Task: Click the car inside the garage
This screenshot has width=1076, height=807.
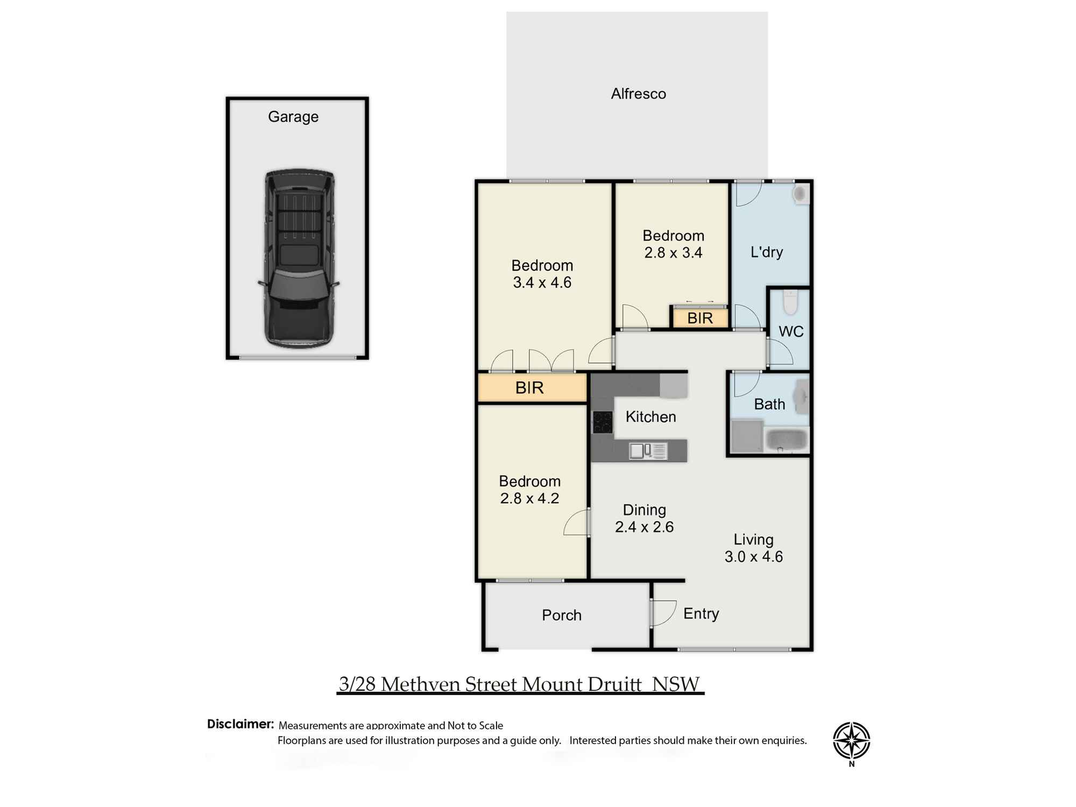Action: tap(299, 259)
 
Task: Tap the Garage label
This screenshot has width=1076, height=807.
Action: tap(293, 117)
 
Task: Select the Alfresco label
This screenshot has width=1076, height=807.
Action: tap(639, 94)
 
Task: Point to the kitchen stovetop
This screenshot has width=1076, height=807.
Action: tap(603, 422)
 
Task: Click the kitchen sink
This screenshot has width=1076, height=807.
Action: tap(648, 451)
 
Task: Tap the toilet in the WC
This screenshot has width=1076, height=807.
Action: tap(790, 302)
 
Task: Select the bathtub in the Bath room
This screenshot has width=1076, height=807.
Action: tap(787, 440)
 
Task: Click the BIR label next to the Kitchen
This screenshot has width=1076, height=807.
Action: tap(529, 387)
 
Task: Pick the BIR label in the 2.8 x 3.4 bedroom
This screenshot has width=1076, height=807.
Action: tap(700, 318)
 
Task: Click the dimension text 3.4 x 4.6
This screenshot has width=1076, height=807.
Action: tap(542, 282)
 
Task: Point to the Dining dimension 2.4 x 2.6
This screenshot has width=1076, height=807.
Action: tap(645, 527)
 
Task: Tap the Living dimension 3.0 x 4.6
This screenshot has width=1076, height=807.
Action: tap(753, 556)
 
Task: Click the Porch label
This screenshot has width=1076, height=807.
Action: tap(562, 615)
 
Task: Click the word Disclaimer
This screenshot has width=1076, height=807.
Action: tap(240, 724)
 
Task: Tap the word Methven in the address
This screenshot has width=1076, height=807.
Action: tap(421, 684)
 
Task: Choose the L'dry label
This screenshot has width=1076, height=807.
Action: tap(767, 252)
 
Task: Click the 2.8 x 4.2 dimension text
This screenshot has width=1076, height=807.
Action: tap(529, 498)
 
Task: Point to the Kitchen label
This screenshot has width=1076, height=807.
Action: tap(650, 416)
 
